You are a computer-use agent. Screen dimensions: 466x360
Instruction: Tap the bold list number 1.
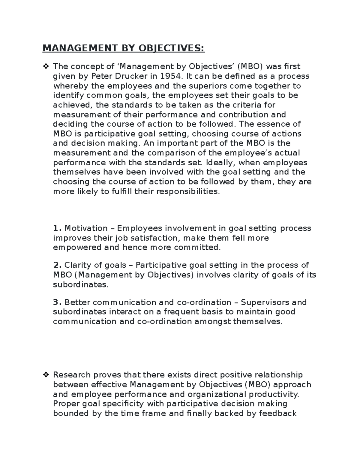pos(57,228)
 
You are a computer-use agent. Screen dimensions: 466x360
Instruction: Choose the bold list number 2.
pos(57,265)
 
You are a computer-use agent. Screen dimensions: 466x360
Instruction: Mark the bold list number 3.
pos(57,302)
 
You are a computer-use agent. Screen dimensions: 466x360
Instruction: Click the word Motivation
pos(86,228)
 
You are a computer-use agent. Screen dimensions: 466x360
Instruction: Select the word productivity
pos(274,394)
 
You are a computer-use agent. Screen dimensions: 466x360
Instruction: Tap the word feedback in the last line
pos(277,413)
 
